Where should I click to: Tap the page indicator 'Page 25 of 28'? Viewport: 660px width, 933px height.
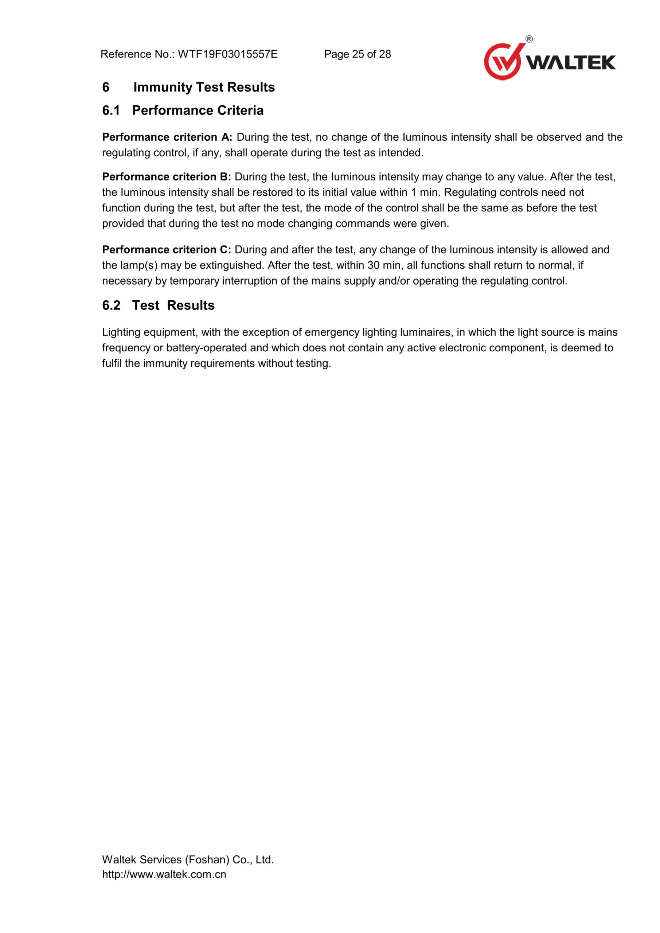pos(357,54)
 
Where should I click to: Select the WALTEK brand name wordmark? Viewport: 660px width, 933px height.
pos(571,63)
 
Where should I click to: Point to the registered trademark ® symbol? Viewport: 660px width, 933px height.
pos(529,39)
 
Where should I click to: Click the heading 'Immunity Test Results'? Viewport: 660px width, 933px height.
pos(204,87)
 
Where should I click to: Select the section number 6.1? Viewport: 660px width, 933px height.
pos(111,110)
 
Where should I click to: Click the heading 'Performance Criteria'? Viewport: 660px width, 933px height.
pos(198,110)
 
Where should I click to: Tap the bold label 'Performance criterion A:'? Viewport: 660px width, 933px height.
pos(167,137)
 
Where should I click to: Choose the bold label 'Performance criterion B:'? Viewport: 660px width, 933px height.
pos(167,177)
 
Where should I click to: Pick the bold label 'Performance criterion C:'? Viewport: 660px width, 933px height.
pos(167,250)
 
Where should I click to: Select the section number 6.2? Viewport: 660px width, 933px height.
pos(111,305)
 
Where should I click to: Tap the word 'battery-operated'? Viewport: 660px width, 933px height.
pos(206,348)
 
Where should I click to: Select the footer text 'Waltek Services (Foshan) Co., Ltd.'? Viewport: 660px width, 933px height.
pos(188,859)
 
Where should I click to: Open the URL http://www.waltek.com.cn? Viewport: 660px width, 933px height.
pos(164,874)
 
